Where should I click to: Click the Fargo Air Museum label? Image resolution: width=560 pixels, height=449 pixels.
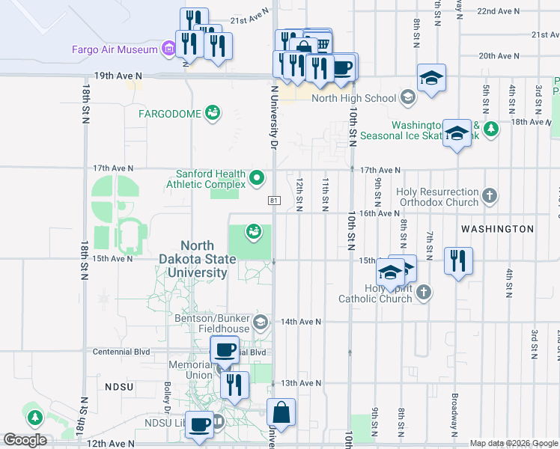[115, 50]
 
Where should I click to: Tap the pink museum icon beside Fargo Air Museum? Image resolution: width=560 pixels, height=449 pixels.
[169, 50]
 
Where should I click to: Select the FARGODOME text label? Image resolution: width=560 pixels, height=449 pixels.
[170, 114]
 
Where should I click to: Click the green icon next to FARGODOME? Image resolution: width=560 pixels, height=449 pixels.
[213, 113]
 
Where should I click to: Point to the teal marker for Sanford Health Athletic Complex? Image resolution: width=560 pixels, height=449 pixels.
[258, 178]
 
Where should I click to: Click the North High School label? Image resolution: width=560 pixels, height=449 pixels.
[353, 98]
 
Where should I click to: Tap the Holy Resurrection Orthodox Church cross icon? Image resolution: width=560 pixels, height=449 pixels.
[490, 197]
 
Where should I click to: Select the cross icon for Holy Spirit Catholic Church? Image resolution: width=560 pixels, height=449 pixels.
[424, 293]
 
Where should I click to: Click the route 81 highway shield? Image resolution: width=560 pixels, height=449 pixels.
[275, 200]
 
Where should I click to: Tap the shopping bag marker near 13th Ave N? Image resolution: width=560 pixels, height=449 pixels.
[281, 412]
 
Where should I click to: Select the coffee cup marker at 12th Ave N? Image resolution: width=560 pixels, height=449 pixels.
[199, 425]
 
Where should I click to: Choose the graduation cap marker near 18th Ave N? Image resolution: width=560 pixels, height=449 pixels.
[456, 133]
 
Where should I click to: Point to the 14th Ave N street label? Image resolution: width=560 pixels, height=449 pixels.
[301, 322]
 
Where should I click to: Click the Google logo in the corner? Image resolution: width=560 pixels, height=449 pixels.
[25, 440]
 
